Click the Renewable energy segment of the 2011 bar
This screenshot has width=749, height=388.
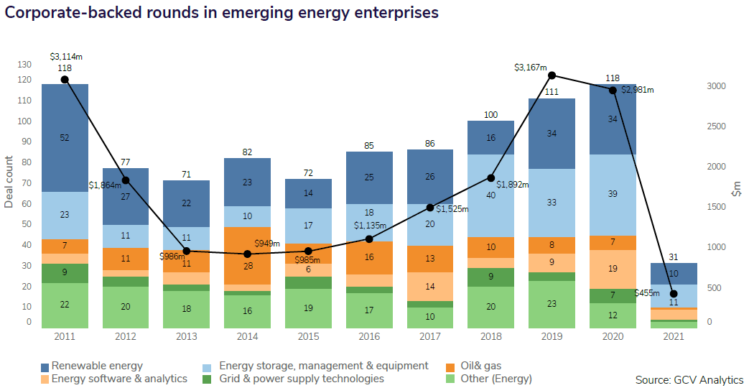tap(65, 137)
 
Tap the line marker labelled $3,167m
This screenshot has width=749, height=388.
tap(552, 75)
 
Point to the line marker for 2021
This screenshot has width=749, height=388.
tap(674, 294)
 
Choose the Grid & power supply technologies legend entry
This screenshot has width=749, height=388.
tap(294, 379)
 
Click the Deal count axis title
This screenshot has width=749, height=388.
tap(9, 182)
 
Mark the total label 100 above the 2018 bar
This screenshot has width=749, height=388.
tap(491, 115)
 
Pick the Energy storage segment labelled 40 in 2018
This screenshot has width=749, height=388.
tap(491, 195)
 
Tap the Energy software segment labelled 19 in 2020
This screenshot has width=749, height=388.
tap(613, 269)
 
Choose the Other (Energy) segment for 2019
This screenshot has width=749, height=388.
tap(552, 304)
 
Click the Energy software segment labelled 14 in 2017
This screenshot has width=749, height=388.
tap(430, 286)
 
